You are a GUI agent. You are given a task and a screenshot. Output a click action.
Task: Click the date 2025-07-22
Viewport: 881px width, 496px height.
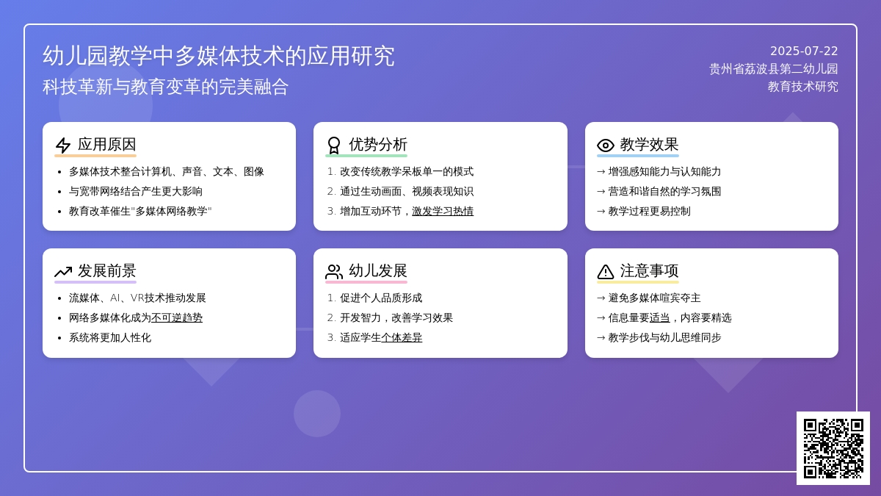point(803,51)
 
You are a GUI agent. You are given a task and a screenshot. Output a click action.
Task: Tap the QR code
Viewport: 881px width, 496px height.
point(833,448)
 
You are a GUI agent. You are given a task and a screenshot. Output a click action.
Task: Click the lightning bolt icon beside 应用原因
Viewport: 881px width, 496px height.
point(63,145)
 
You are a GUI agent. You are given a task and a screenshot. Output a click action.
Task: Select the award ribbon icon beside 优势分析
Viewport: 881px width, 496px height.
point(334,145)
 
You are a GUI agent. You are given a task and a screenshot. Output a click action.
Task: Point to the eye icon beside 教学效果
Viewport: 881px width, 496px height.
point(605,145)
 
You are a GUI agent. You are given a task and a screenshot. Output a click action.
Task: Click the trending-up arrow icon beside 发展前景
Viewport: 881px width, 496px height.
point(63,272)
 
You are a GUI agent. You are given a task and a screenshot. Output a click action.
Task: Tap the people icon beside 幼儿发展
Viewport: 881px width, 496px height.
point(334,272)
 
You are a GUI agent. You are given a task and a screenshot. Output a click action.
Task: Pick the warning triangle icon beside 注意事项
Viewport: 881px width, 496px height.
point(605,272)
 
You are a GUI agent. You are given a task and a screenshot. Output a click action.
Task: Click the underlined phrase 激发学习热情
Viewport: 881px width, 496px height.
point(443,212)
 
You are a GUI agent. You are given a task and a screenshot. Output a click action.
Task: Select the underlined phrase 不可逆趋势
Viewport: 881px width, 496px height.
point(177,317)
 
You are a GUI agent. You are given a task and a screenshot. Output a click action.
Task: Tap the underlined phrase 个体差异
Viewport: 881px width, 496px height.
point(402,338)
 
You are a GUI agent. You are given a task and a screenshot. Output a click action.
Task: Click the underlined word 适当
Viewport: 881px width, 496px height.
point(659,317)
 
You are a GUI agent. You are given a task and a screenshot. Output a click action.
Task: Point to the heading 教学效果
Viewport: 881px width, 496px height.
point(649,145)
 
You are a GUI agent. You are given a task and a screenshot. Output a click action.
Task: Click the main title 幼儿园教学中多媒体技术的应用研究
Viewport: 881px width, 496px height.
point(218,56)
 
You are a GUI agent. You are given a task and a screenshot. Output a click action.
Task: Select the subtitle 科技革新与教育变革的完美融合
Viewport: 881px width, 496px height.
point(166,87)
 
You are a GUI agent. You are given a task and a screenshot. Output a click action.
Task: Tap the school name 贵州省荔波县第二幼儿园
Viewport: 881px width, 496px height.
point(773,69)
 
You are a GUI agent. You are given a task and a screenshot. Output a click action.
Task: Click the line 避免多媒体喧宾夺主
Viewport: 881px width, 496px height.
point(648,298)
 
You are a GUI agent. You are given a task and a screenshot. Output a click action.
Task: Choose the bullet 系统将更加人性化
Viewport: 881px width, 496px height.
point(109,338)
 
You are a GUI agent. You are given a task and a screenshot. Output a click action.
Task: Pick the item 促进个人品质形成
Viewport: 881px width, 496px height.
point(381,298)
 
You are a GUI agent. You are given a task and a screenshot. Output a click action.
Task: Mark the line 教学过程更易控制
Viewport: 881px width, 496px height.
point(643,212)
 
